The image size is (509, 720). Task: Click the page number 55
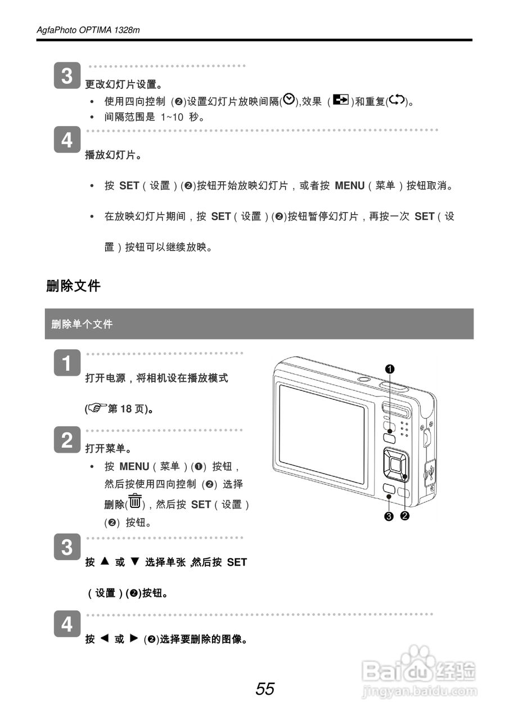(265, 688)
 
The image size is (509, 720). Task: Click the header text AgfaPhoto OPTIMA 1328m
(88, 30)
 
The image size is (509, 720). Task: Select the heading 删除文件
(73, 286)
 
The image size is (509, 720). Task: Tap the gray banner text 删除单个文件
(82, 324)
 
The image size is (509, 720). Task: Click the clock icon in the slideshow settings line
(289, 100)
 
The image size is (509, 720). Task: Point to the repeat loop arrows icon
(397, 100)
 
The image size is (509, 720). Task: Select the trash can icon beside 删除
(135, 501)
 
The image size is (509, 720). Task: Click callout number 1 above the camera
(389, 368)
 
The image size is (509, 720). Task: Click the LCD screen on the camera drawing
(322, 433)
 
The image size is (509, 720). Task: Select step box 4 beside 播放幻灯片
(67, 139)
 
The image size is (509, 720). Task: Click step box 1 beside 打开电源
(67, 363)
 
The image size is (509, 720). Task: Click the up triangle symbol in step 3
(104, 561)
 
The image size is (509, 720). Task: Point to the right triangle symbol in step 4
(133, 638)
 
